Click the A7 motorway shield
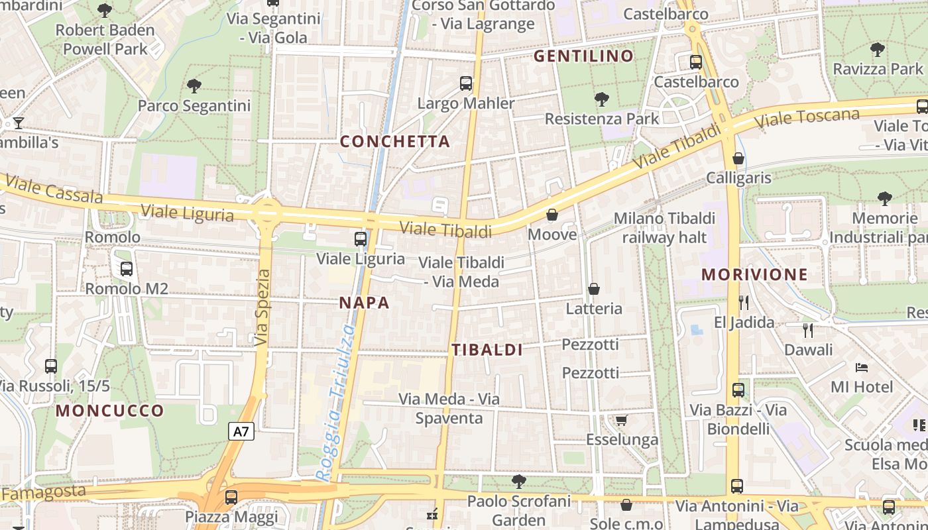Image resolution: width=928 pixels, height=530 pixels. click(241, 432)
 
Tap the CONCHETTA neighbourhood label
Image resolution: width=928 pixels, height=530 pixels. click(395, 141)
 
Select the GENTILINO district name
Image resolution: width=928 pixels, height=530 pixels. click(584, 56)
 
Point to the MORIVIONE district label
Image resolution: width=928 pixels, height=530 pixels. click(754, 274)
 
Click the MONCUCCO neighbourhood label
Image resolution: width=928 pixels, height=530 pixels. click(109, 411)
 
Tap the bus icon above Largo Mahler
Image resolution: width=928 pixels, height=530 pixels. click(466, 83)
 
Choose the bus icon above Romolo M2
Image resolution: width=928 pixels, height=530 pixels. click(126, 269)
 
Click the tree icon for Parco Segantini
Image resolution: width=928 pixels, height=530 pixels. click(194, 85)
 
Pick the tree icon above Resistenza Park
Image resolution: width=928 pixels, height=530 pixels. click(602, 99)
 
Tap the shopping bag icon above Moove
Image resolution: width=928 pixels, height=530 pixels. click(551, 215)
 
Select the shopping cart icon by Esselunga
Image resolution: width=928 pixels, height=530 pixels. click(621, 420)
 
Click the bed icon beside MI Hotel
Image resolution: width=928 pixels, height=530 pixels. click(861, 366)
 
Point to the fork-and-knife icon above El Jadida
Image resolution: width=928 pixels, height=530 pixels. click(744, 303)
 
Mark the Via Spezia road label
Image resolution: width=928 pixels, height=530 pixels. click(262, 307)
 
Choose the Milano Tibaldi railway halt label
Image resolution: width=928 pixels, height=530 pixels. click(664, 227)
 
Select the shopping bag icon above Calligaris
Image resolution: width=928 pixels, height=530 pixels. click(738, 158)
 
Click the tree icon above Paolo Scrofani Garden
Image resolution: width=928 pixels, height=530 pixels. click(519, 481)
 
